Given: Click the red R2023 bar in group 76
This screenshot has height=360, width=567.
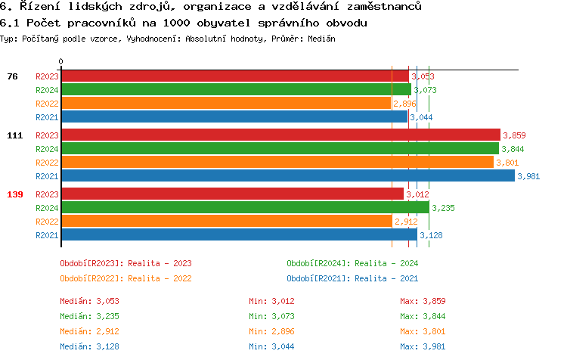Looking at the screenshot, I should tap(234, 76).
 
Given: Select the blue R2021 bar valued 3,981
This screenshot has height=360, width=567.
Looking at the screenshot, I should tap(287, 176).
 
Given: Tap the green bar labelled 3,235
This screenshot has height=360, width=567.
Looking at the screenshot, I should tap(245, 208).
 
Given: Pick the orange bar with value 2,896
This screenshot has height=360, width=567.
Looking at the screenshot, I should tap(226, 104).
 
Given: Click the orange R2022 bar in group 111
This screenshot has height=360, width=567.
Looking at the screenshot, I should tap(277, 163).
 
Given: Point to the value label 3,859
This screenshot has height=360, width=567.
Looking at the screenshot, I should tap(514, 135).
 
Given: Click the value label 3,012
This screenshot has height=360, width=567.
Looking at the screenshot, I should tap(417, 194).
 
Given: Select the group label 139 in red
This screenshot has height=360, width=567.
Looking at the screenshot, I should tap(15, 194).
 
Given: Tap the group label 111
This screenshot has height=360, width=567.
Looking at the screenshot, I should tap(15, 135).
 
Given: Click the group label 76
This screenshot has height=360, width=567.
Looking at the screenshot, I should tap(12, 76).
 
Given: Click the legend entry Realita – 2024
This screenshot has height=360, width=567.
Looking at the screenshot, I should tap(352, 263).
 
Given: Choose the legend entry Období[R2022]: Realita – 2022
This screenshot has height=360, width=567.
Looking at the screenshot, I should tap(125, 278).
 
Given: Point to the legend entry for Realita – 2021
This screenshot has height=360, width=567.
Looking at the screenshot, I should tap(352, 278).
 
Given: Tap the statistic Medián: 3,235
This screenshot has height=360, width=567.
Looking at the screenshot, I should tap(89, 316).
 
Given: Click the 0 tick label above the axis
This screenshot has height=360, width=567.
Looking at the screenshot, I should tap(61, 61).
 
